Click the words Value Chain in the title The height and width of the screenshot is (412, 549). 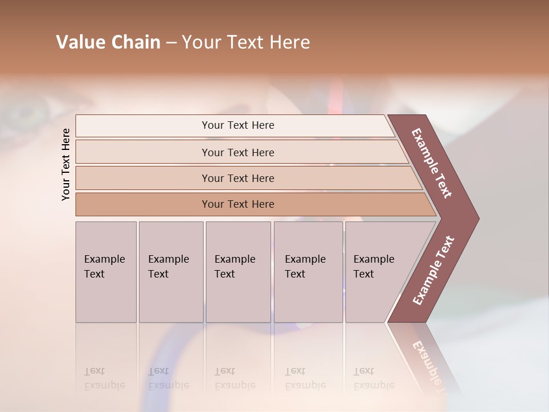click(108, 42)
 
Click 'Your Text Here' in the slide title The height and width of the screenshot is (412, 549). click(246, 42)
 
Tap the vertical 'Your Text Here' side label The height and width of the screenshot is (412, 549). click(66, 164)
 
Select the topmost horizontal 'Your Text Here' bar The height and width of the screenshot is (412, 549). click(237, 125)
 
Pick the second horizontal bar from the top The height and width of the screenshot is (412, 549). click(237, 152)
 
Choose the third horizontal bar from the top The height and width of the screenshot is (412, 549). click(237, 178)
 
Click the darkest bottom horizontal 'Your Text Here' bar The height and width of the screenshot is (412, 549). click(237, 204)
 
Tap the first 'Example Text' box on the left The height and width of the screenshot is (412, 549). click(106, 271)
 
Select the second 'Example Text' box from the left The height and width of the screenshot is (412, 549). click(170, 271)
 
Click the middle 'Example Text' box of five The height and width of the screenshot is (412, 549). click(238, 271)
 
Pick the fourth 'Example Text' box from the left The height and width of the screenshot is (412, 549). click(308, 271)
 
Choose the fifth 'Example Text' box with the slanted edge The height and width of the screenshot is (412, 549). click(377, 271)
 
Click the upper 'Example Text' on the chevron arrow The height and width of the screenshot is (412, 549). click(432, 163)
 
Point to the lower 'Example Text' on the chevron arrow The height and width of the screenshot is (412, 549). click(433, 270)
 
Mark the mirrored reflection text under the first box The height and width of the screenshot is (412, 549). click(105, 378)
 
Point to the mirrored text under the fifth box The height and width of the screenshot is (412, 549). click(374, 378)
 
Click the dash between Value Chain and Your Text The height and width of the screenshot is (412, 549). click(171, 43)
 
